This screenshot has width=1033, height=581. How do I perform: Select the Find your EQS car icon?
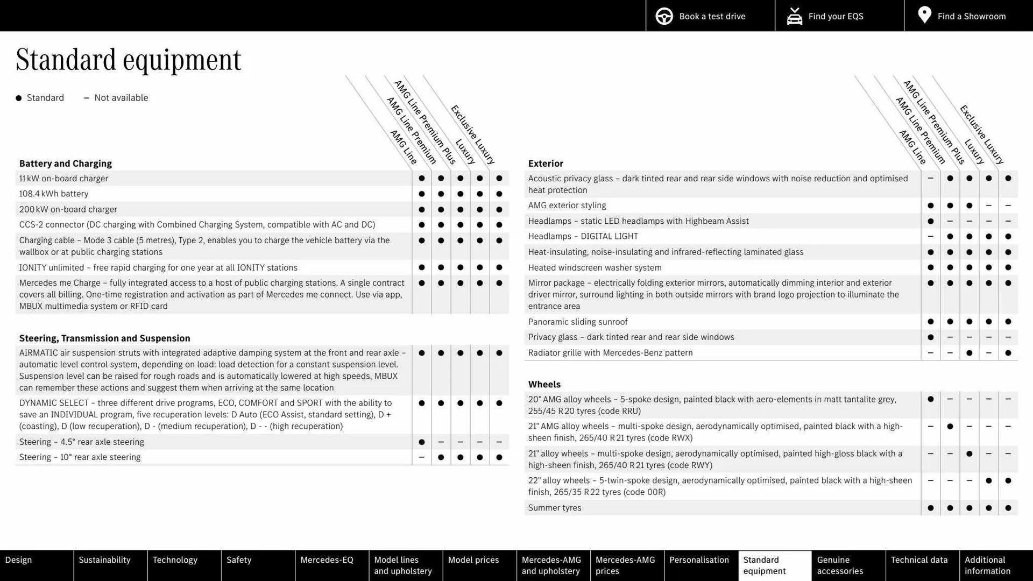pyautogui.click(x=794, y=16)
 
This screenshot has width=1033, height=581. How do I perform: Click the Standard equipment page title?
pyautogui.click(x=129, y=60)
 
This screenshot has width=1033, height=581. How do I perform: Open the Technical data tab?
pyautogui.click(x=919, y=560)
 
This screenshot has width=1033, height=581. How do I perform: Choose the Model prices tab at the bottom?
pyautogui.click(x=473, y=560)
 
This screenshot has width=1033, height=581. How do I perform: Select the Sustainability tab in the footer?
pyautogui.click(x=104, y=560)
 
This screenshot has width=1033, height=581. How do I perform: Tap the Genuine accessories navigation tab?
pyautogui.click(x=840, y=565)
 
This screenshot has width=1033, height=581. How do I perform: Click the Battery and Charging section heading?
pyautogui.click(x=66, y=164)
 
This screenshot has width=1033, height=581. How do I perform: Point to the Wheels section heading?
pyautogui.click(x=544, y=384)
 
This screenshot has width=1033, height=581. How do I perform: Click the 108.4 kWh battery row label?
pyautogui.click(x=54, y=194)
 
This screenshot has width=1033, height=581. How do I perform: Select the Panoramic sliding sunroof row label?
pyautogui.click(x=577, y=322)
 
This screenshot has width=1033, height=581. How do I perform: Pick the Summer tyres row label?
pyautogui.click(x=554, y=508)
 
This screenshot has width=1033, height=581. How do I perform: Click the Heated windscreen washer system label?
pyautogui.click(x=595, y=267)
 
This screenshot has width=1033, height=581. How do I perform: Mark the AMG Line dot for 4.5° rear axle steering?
pyautogui.click(x=421, y=442)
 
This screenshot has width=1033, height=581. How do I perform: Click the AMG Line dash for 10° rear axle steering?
pyautogui.click(x=421, y=457)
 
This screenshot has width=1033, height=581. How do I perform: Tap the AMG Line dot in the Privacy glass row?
pyautogui.click(x=930, y=337)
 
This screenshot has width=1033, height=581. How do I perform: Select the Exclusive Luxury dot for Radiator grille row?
pyautogui.click(x=1008, y=353)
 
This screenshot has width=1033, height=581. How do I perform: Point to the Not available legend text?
pyautogui.click(x=121, y=98)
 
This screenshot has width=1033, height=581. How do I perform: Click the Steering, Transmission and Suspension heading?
pyautogui.click(x=105, y=338)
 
